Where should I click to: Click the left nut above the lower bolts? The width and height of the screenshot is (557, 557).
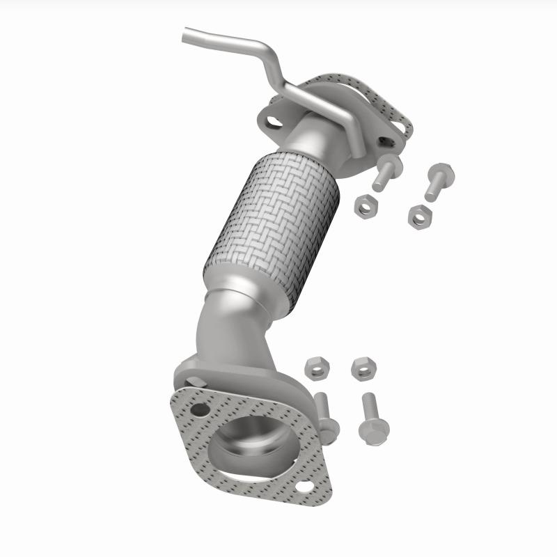tap(316, 369)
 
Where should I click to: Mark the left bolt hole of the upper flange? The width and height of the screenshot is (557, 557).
tap(274, 122)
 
